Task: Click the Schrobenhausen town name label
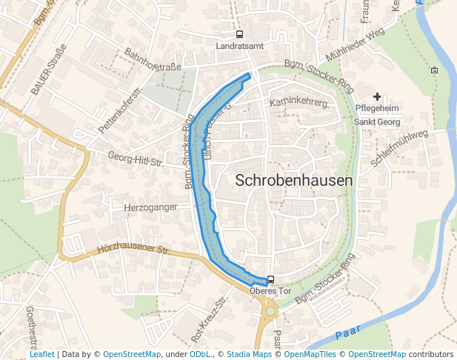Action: click(294, 180)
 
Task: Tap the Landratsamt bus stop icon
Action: click(239, 34)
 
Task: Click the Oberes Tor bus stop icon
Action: click(270, 280)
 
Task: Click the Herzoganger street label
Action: click(151, 207)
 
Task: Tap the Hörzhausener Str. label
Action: click(133, 251)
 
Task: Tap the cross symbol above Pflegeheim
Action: click(377, 96)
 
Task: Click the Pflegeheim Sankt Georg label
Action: click(377, 115)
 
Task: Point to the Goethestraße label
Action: click(32, 327)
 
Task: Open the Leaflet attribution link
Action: click(41, 355)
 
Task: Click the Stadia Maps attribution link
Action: click(249, 355)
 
